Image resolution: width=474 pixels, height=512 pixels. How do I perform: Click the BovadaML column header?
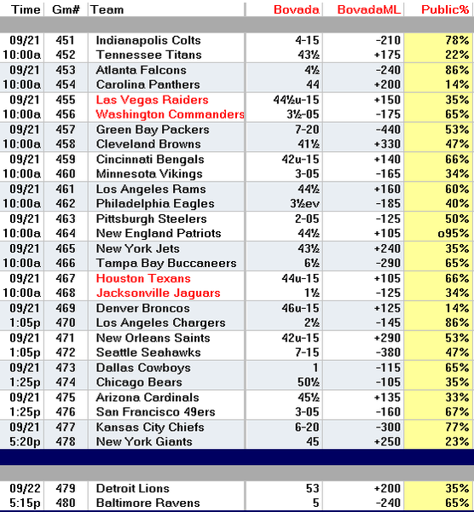(368, 9)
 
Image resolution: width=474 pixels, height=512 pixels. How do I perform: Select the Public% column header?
(445, 9)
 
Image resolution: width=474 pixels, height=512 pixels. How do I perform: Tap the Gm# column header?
(66, 9)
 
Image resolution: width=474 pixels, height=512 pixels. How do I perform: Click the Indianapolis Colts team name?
(148, 40)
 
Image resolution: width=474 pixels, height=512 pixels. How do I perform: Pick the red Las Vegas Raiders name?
(152, 100)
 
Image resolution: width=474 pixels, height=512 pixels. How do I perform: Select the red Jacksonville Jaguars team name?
(159, 293)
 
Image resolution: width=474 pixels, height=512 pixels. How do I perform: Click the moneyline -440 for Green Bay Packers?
(388, 130)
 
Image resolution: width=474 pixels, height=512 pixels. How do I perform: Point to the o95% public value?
(454, 233)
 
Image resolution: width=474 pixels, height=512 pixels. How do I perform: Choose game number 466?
(66, 263)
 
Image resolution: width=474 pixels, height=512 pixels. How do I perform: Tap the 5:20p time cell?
(25, 441)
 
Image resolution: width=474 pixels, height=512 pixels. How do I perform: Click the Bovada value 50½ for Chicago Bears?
(309, 382)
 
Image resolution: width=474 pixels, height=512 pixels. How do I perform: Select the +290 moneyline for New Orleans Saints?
(387, 338)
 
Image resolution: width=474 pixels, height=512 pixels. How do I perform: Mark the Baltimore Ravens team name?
(148, 503)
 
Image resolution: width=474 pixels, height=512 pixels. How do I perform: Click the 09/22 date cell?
(24, 488)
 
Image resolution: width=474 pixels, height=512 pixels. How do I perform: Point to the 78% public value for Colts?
(457, 40)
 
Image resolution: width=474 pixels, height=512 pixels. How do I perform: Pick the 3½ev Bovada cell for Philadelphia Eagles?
(304, 203)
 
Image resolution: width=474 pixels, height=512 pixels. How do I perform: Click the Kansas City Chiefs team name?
(150, 428)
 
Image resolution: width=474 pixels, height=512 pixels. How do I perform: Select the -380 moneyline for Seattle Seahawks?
(388, 352)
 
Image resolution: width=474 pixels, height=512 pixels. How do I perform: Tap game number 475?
(66, 398)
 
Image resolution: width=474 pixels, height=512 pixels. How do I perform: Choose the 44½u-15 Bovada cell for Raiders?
(296, 100)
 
